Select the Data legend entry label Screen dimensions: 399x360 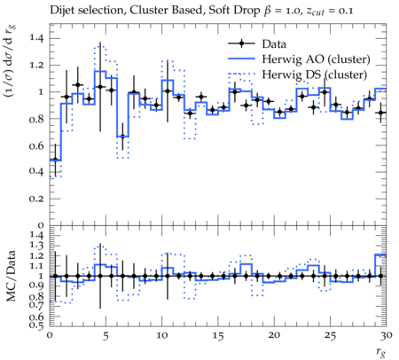274,44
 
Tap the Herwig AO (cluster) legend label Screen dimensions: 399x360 316,59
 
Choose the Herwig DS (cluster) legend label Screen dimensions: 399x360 315,74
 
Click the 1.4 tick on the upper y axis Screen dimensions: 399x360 36,38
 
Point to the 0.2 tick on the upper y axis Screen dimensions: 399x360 36,199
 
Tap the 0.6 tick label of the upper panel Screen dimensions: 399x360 36,145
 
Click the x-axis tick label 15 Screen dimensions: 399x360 218,335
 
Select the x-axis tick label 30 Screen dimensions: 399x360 387,335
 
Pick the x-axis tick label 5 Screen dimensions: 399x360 106,335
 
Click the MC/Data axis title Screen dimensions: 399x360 12,276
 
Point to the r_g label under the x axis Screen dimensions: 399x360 381,352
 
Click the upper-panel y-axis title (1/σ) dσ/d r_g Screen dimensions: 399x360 10,61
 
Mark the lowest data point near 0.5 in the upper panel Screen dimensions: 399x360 55,160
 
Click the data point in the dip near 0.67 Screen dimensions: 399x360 122,137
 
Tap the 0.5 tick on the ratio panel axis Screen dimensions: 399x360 36,325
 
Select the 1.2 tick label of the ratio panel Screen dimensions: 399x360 36,255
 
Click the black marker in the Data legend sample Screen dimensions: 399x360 241,43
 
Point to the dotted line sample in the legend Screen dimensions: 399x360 241,74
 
